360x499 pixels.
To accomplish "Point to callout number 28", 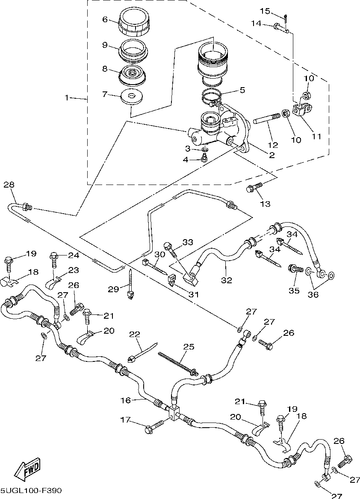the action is point(9,185).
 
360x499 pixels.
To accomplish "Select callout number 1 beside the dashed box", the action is point(67,98).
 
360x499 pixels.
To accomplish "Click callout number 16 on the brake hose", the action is point(126,400).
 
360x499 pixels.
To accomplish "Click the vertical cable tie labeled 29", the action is point(130,284).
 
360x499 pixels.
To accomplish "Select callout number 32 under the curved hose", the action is point(227,280).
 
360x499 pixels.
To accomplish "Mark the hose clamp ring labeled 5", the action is point(212,97).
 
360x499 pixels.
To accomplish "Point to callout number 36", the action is point(313,294).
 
